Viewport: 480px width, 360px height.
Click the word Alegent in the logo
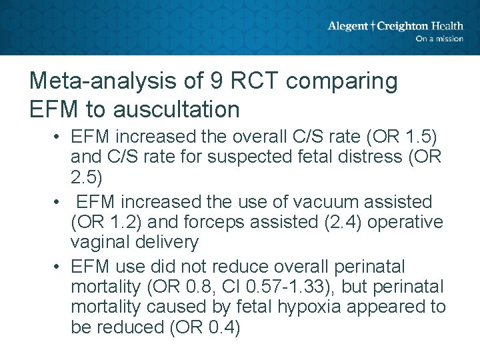[x=347, y=26]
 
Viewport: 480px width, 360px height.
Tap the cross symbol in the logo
[x=373, y=26]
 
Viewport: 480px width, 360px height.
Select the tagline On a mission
[x=439, y=39]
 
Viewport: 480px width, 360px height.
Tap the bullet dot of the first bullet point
[x=59, y=138]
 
